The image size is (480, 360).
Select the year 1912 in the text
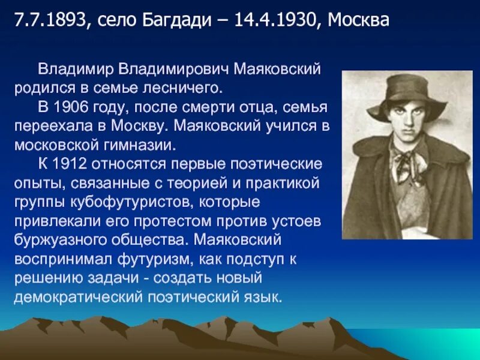[78, 164]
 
